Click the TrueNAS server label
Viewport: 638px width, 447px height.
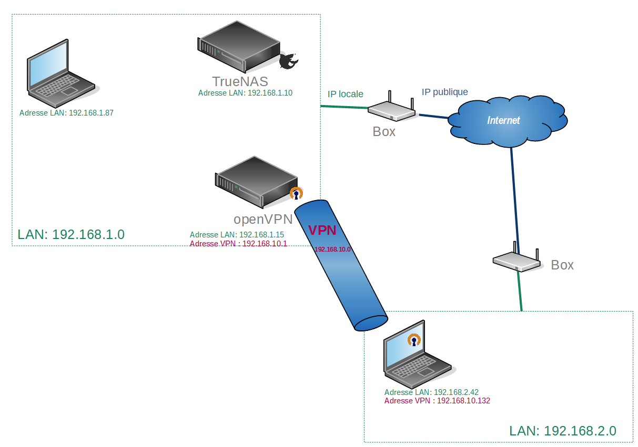(240, 81)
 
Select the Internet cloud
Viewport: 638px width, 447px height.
(507, 120)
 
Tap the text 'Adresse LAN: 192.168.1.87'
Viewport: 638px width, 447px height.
(66, 112)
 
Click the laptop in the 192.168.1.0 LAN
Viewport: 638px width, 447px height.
(59, 71)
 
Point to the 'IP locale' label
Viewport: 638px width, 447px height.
(345, 94)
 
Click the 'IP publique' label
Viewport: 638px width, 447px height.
(444, 92)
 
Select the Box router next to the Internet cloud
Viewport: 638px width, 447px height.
(391, 109)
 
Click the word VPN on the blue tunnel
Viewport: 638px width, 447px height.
(321, 230)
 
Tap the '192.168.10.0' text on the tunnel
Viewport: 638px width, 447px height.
(332, 250)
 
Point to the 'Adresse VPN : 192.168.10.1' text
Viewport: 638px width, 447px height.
(238, 244)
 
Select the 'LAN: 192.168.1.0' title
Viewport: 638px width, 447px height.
(71, 234)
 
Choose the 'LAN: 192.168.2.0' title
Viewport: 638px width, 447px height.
(563, 431)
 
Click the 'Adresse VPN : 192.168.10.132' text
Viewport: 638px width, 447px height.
(437, 400)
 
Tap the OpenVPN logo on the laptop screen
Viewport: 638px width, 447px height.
(414, 341)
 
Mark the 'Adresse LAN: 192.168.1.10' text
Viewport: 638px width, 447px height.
(245, 93)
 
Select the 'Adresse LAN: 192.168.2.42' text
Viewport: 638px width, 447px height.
(431, 392)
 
